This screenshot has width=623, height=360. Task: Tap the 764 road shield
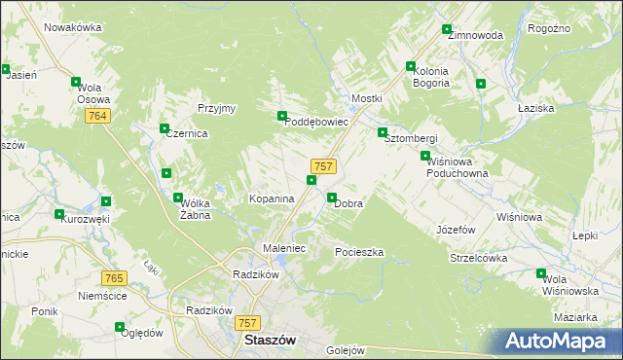pos(95,116)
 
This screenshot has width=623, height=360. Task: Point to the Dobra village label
pos(348,204)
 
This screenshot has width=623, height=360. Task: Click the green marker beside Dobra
pos(332,198)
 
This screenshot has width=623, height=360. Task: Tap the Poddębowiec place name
pos(315,123)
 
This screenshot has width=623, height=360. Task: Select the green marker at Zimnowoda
pos(447,30)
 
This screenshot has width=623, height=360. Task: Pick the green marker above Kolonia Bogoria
pos(411,66)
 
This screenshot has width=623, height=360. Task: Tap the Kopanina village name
pos(272,198)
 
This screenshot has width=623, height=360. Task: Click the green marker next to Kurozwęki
pos(59,214)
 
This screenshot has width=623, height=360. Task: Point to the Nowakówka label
pos(73,27)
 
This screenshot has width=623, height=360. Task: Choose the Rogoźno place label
pos(576,29)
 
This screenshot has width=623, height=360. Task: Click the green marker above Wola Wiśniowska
pos(542,273)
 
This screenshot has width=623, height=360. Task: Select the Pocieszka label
pos(359,252)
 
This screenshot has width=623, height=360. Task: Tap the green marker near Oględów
pos(119,327)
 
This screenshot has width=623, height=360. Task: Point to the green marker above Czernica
pos(165,128)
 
